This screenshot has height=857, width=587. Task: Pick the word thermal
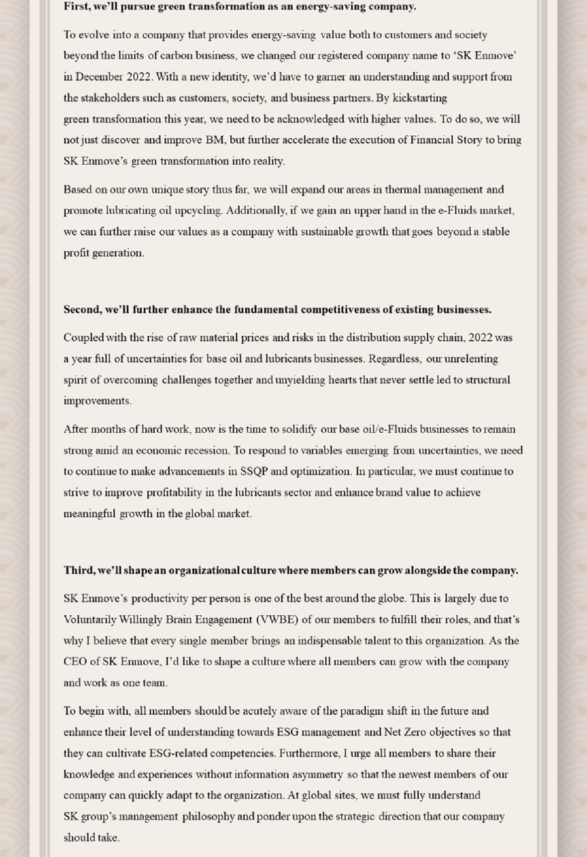click(x=400, y=190)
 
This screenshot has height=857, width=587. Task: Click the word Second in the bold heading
click(x=82, y=310)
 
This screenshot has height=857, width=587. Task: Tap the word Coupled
click(x=83, y=338)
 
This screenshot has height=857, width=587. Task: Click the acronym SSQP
click(x=254, y=472)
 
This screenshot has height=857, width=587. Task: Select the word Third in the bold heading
click(x=78, y=571)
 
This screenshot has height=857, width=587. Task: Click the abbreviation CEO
click(x=75, y=662)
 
